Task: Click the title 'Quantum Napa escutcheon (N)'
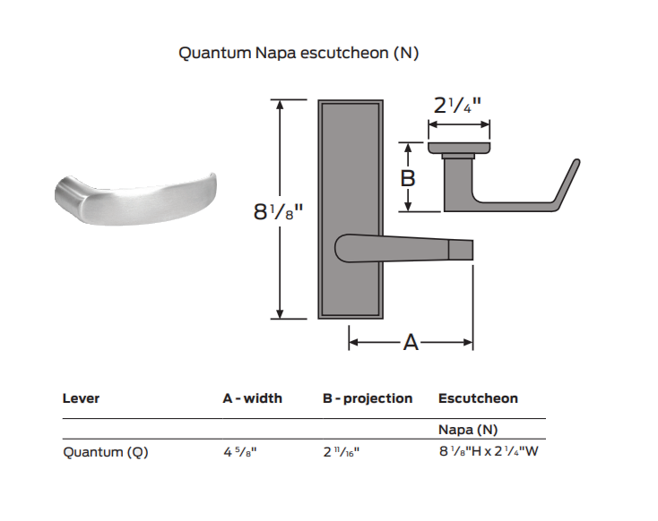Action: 299,53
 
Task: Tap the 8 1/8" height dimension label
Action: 278,211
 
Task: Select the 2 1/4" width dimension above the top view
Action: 457,105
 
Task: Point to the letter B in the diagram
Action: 408,178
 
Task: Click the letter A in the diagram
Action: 411,343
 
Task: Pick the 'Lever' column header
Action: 81,398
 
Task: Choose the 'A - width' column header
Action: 252,398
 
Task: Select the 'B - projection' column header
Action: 368,398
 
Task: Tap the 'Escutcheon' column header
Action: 478,398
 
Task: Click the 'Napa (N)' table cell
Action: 468,430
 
